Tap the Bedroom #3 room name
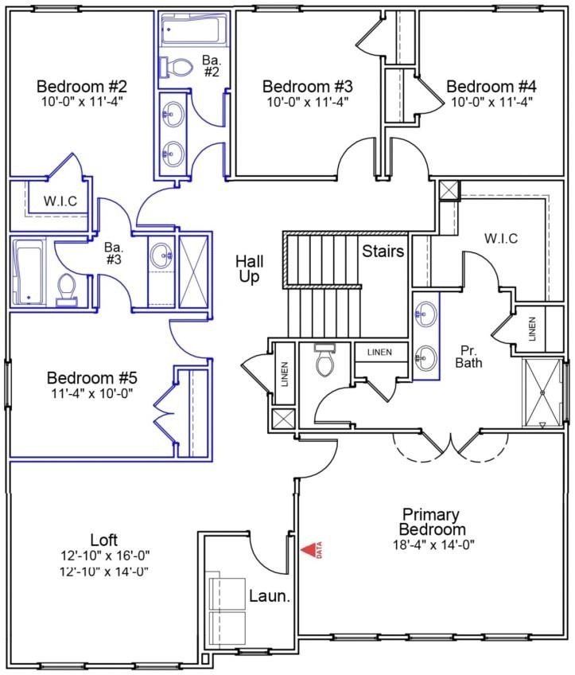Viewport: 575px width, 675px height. click(308, 86)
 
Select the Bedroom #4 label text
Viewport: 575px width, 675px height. click(491, 86)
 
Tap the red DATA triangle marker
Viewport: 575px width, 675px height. click(308, 549)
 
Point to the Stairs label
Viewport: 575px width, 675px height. click(383, 252)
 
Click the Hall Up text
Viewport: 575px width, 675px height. click(250, 268)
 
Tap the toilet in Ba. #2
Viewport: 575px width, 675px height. click(177, 68)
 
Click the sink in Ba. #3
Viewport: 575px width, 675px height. click(162, 256)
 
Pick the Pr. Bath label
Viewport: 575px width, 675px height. click(466, 356)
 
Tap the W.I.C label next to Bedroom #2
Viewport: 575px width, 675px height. click(60, 200)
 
